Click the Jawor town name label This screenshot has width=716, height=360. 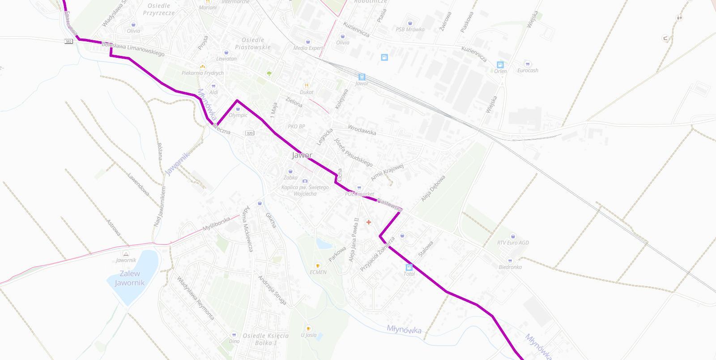pos(302,155)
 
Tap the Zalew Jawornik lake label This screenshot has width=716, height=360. pos(130,278)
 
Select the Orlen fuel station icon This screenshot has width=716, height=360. pos(500,65)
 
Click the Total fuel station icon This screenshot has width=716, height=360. pos(409,267)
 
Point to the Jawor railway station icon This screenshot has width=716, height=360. pos(362,77)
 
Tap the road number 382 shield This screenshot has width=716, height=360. pos(68,42)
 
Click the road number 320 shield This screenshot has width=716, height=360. pos(250,133)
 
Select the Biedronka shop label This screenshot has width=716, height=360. pos(510,267)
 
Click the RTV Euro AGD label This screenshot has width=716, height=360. pos(513,243)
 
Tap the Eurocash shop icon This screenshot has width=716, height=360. pos(528,64)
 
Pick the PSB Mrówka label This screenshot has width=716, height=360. pos(410,30)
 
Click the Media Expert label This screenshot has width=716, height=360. pos(308,48)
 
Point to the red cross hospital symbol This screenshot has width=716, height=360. pos(369,222)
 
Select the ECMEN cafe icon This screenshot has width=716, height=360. pos(318,266)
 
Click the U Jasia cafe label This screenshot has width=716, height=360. pos(308,335)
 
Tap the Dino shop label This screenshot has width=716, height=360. pos(234,341)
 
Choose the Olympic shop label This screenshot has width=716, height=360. pos(238,115)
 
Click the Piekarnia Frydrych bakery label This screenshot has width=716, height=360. pos(203,73)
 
